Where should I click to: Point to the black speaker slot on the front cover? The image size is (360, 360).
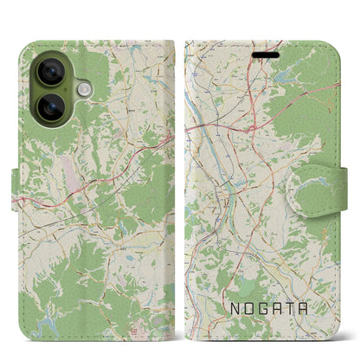point(267,52)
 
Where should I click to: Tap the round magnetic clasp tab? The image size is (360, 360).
point(319,183)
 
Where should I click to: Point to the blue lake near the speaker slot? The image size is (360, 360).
point(285,76)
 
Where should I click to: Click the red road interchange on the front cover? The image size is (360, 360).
point(250,126)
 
